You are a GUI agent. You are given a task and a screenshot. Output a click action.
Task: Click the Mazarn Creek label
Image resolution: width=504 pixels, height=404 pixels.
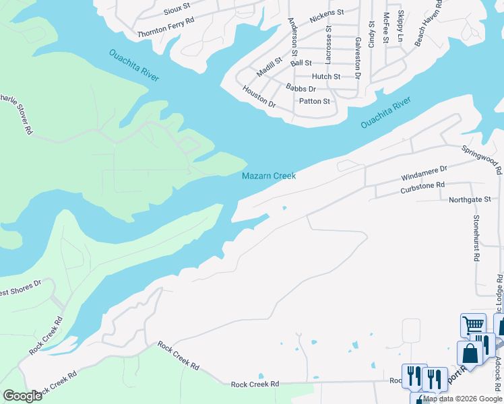click(x=269, y=176)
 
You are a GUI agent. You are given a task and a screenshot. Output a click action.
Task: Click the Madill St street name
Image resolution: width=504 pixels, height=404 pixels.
click(x=272, y=65)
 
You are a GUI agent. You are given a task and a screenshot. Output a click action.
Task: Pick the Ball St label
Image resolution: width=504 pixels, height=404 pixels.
click(x=301, y=63)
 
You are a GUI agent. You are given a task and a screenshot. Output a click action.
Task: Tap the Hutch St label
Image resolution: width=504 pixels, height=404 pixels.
click(x=326, y=77)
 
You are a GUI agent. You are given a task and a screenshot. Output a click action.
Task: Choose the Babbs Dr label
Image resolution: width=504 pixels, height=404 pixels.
click(x=301, y=89)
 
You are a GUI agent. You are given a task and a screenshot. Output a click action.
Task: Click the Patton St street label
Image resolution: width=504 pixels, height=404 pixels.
click(x=314, y=102)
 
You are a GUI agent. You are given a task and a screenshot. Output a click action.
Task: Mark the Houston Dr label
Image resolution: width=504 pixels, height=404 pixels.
click(x=259, y=97)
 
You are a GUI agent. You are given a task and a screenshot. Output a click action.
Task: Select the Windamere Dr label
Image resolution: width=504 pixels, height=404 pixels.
click(x=424, y=173)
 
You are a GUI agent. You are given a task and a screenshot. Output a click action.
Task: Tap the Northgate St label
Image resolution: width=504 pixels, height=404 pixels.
click(x=470, y=200)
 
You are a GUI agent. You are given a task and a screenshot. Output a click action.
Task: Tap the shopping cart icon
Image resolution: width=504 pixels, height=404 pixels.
click(x=473, y=326)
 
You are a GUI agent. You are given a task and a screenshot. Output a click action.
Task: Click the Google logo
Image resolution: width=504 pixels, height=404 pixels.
click(x=22, y=395)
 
